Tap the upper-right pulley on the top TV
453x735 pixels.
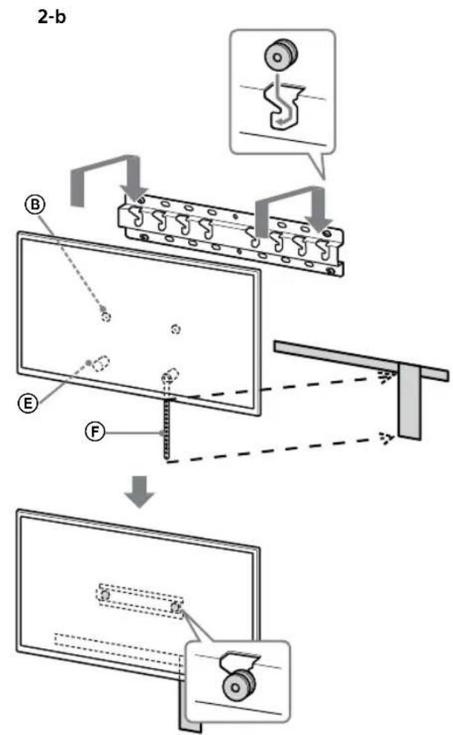point(175,328)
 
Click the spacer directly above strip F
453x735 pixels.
point(170,375)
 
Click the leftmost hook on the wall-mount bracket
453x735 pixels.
point(137,216)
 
